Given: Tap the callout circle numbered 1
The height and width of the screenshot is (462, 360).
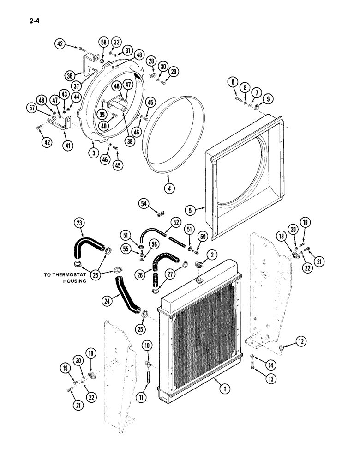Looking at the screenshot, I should coord(225,389).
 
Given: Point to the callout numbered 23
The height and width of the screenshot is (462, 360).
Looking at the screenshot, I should coord(80,224).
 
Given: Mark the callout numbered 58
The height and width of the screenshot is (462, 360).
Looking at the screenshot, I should coord(103,43).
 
